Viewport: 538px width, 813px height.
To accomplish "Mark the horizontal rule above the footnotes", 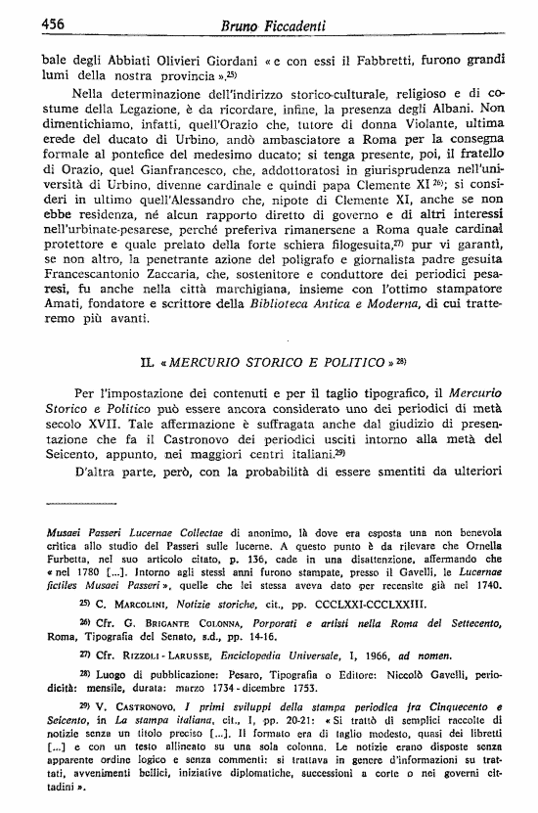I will pos(91,503).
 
